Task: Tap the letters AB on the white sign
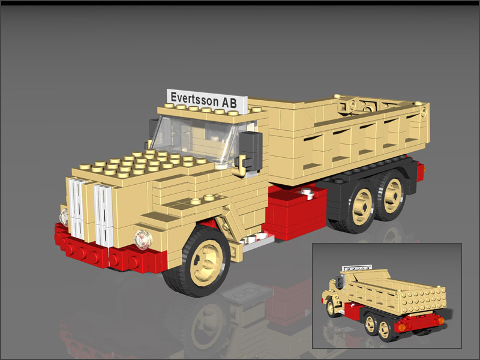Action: pos(229,103)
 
